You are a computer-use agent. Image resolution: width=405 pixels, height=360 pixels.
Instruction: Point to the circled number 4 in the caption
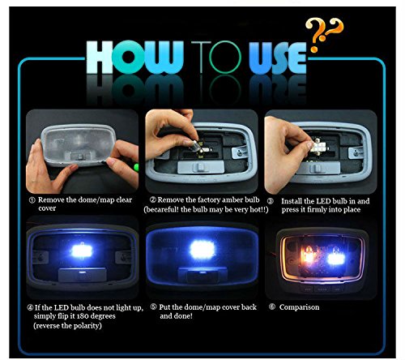(x=32, y=308)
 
